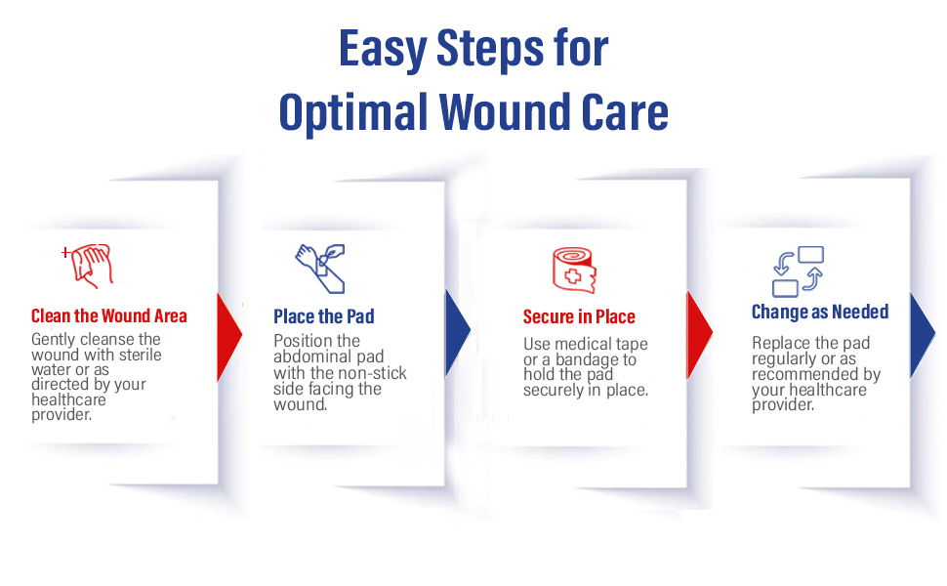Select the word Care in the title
click(622, 112)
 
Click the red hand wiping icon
click(90, 264)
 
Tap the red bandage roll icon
click(574, 270)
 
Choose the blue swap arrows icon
click(797, 271)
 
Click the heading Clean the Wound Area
click(109, 315)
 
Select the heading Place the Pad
click(324, 316)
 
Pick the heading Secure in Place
click(579, 316)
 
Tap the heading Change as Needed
click(820, 313)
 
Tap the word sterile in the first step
click(138, 354)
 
